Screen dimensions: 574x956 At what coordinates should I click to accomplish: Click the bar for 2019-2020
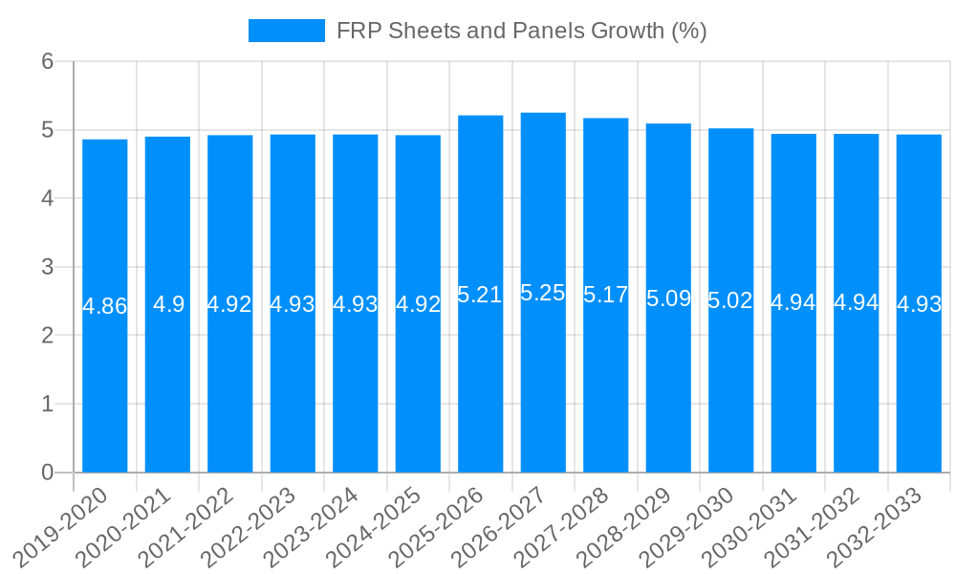tap(105, 383)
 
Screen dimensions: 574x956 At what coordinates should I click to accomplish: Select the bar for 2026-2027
tap(543, 383)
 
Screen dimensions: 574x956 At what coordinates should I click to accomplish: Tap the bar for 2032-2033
tap(919, 383)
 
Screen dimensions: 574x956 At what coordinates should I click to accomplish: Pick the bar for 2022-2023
tap(293, 383)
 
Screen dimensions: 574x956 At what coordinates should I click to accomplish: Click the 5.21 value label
tap(480, 295)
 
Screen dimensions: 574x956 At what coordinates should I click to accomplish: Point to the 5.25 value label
tap(543, 293)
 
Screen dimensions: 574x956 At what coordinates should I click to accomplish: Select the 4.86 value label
tap(105, 306)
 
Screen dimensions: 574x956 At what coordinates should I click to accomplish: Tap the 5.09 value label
tap(668, 298)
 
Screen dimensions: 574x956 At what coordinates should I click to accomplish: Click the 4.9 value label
tap(168, 304)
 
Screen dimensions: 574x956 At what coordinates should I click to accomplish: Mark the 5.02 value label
tap(730, 300)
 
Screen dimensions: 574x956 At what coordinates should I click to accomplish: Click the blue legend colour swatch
tap(286, 31)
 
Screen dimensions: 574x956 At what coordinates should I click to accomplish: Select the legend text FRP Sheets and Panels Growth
tap(521, 31)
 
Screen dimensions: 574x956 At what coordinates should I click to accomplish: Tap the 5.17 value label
tap(605, 295)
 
